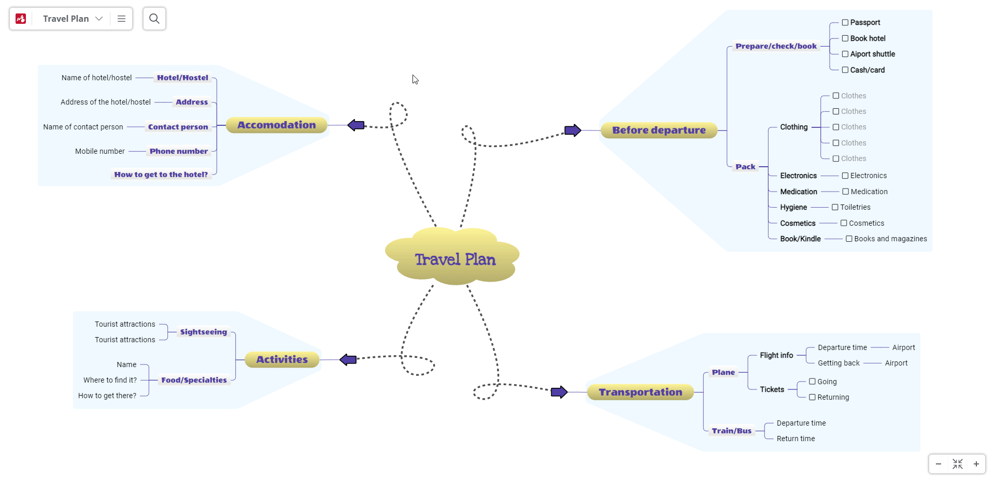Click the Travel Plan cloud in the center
pyautogui.click(x=454, y=258)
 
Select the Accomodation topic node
pyautogui.click(x=276, y=125)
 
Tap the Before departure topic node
pyautogui.click(x=659, y=130)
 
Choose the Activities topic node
pyautogui.click(x=282, y=359)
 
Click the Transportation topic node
pyautogui.click(x=640, y=392)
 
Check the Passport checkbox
pyautogui.click(x=845, y=23)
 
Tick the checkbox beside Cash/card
pyautogui.click(x=845, y=70)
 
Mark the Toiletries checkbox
pyautogui.click(x=835, y=207)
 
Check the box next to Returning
pyautogui.click(x=813, y=397)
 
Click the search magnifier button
pyautogui.click(x=154, y=19)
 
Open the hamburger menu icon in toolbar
pyautogui.click(x=122, y=19)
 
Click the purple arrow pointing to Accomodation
pyautogui.click(x=356, y=125)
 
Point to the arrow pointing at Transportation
pyautogui.click(x=559, y=392)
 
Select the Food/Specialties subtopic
pyautogui.click(x=194, y=380)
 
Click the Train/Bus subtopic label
pyautogui.click(x=731, y=431)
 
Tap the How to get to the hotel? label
pyautogui.click(x=161, y=174)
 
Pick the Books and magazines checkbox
pyautogui.click(x=849, y=239)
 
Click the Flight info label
pyautogui.click(x=776, y=355)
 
